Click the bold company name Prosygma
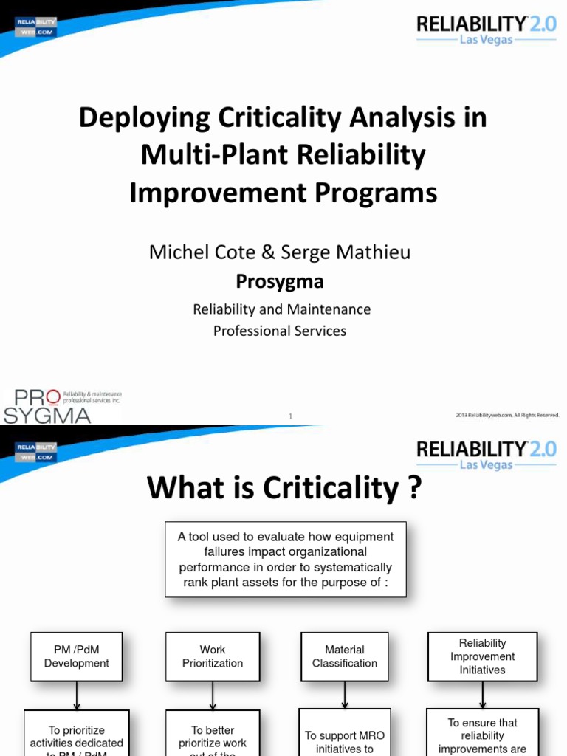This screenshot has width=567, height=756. tap(279, 281)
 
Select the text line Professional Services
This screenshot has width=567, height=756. tap(279, 331)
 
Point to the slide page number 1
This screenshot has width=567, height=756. tap(290, 417)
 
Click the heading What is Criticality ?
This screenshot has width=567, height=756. tap(284, 488)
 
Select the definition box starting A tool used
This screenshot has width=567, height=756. tap(285, 560)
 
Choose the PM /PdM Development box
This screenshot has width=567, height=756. tap(77, 656)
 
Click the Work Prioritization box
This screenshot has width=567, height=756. tap(213, 656)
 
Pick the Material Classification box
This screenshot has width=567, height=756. tap(345, 656)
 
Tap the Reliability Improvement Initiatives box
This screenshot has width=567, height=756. tap(482, 656)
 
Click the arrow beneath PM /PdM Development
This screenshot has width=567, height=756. tap(77, 695)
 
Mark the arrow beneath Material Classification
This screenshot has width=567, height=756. tap(345, 695)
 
